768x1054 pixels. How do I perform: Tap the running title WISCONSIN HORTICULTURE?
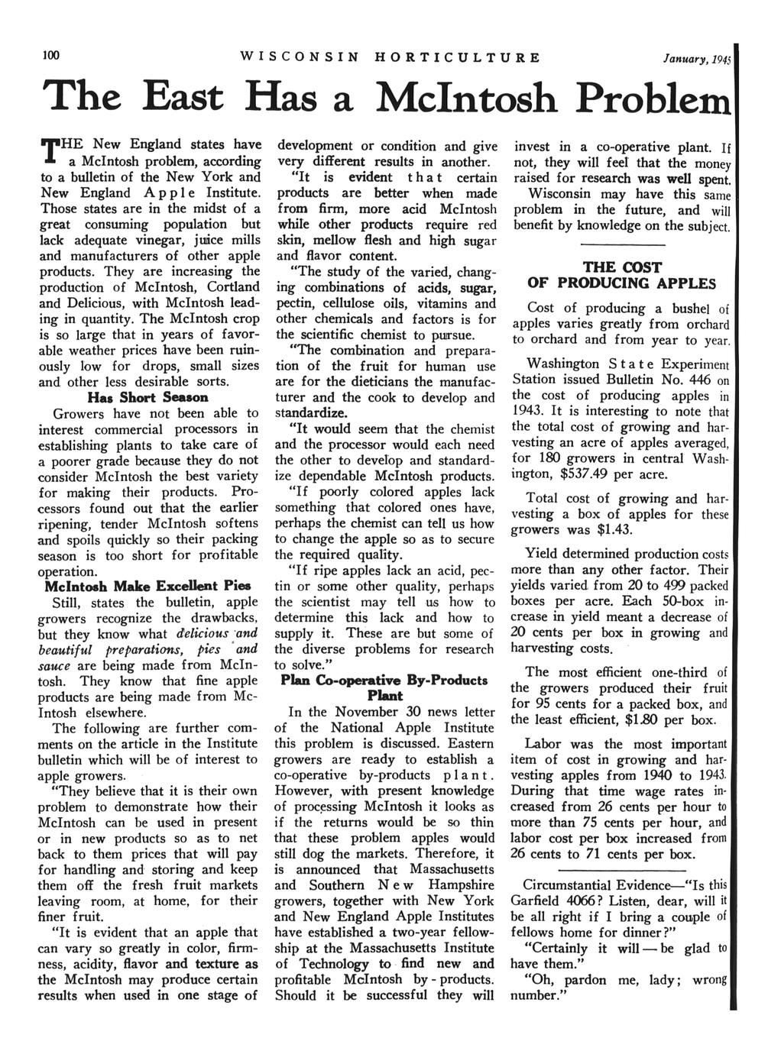(x=390, y=57)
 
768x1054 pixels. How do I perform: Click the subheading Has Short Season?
(x=148, y=397)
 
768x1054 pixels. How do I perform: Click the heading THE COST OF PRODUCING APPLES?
(x=622, y=275)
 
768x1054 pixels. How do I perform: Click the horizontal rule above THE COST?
(x=622, y=244)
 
